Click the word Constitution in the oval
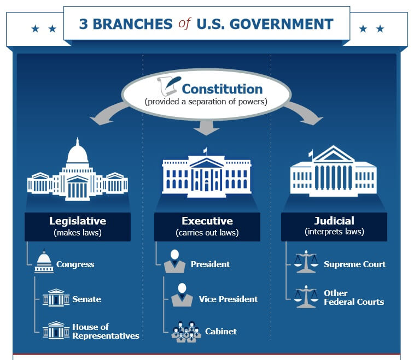[223, 89]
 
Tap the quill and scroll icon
[169, 86]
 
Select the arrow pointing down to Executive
[206, 128]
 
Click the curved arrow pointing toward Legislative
[108, 114]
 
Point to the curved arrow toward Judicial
[304, 113]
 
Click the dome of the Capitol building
[77, 152]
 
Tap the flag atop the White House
[205, 150]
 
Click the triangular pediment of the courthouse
[334, 154]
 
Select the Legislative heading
[78, 221]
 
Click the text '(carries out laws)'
[207, 233]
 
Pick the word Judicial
[334, 221]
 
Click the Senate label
[86, 299]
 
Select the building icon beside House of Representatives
[56, 330]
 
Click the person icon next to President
[174, 261]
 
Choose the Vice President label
[229, 299]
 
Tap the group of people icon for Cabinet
[186, 332]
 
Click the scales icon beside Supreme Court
[306, 261]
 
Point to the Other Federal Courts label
[354, 298]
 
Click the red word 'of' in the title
[184, 23]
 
